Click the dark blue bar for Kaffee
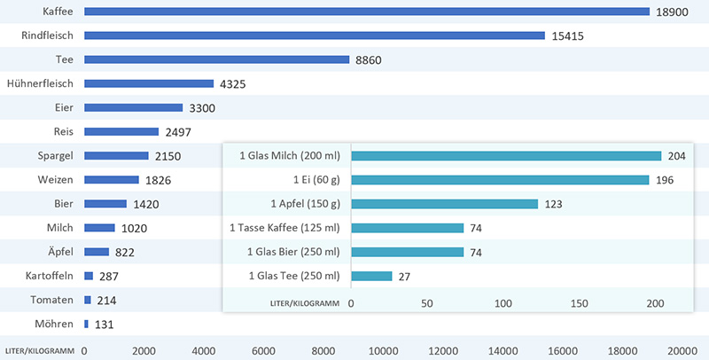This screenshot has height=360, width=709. point(367,12)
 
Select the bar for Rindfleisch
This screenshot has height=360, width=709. point(315,35)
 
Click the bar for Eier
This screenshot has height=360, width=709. point(133,107)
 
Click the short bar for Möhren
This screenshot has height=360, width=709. point(86,324)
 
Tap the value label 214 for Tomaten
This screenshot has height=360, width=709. point(106,301)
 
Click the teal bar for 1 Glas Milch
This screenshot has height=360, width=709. point(506,156)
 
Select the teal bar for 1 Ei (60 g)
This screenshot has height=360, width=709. point(500,180)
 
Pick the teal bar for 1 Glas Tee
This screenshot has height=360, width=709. point(371,276)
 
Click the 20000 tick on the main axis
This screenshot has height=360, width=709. point(683,350)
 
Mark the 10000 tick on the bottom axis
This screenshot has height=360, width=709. point(383,350)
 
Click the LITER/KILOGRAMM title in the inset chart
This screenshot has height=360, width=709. point(304,303)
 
